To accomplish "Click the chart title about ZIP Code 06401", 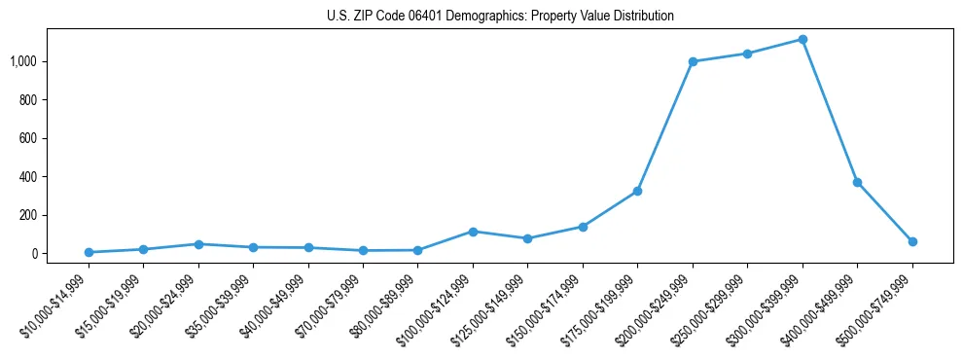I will (500, 17).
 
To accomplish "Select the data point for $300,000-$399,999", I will (802, 40).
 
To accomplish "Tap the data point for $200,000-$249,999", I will (693, 61).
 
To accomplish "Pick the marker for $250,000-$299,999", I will (747, 54).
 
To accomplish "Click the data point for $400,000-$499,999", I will (857, 182).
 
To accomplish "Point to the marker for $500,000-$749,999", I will (912, 241).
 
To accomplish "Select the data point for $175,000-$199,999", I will (637, 191).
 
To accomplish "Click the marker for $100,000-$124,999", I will (473, 232).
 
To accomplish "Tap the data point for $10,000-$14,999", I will (89, 252).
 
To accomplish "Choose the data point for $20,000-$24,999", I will (198, 244).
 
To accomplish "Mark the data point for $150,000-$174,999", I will (583, 227).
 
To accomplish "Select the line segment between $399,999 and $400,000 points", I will (830, 111).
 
